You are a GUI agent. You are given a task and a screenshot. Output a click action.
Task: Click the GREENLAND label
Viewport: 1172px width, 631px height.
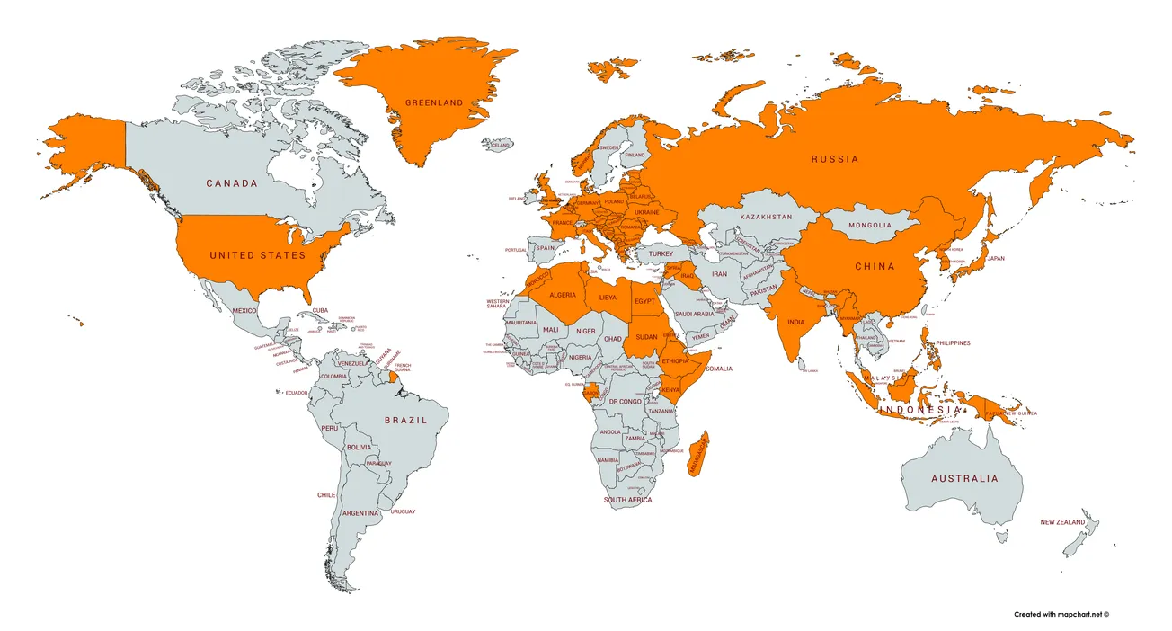click(434, 103)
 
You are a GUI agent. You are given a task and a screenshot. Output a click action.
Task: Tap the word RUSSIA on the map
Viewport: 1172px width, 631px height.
click(835, 159)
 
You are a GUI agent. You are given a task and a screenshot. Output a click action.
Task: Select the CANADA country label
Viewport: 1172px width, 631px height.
click(232, 183)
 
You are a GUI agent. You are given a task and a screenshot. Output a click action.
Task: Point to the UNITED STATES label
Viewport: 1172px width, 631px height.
click(258, 255)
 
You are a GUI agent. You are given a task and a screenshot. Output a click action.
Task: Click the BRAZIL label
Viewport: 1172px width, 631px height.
click(404, 421)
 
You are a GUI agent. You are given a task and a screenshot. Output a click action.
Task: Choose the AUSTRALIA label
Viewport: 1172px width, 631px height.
click(964, 479)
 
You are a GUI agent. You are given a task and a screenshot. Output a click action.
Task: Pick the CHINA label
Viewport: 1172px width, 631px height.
click(875, 266)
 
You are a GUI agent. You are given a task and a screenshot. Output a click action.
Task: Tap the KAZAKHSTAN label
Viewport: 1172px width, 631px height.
click(767, 218)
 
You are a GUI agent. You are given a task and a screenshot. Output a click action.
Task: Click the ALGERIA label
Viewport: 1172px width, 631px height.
click(563, 296)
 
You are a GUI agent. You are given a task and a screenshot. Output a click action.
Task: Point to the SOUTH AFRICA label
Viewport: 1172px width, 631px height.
click(628, 500)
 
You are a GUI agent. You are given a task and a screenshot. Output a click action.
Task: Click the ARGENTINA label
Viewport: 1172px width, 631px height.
click(360, 512)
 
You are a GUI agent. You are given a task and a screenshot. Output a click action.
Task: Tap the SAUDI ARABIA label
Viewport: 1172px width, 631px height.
click(694, 314)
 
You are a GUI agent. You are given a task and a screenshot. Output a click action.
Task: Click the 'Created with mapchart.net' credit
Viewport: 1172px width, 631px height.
click(1061, 615)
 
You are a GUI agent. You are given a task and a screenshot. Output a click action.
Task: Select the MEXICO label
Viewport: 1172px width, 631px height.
click(245, 311)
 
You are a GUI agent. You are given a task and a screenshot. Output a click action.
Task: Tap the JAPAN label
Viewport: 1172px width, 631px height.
click(996, 259)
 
